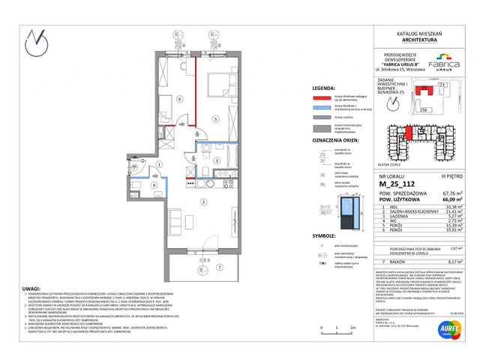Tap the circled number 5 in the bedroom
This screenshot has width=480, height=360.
tap(214, 119)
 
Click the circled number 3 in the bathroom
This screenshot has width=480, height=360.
tap(216, 160)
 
